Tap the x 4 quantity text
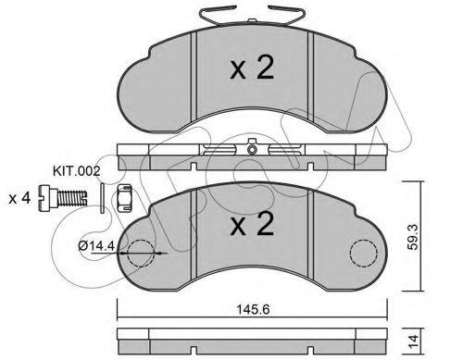18,198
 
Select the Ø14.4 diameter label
95,247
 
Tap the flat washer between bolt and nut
98,196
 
